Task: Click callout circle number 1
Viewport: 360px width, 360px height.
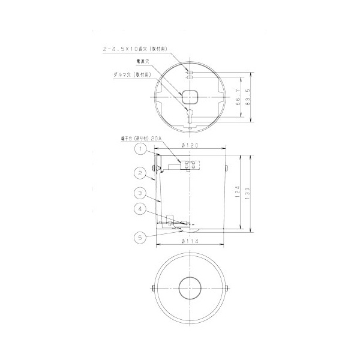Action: point(139,147)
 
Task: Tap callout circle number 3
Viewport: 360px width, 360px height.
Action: point(139,193)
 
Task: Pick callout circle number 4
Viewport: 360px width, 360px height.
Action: point(139,210)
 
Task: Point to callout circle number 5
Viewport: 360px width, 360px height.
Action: point(139,238)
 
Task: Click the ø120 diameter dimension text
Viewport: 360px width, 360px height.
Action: point(191,145)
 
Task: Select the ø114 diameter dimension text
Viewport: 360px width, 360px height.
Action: point(191,242)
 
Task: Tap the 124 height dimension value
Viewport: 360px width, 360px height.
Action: point(236,191)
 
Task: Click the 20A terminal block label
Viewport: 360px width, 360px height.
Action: point(142,138)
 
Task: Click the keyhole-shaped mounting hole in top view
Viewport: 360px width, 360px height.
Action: point(190,113)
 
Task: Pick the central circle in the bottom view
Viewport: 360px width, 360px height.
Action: point(190,288)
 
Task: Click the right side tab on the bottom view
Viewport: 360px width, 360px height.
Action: point(229,288)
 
